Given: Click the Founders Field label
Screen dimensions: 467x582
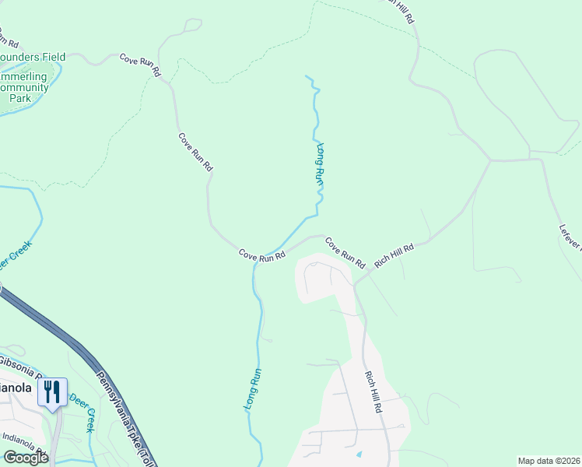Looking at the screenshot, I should pos(33,57).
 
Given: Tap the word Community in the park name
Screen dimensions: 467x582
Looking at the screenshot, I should pos(25,88).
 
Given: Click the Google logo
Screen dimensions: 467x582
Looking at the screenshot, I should pos(26,458).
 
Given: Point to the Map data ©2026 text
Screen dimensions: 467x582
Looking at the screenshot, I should pos(549,461).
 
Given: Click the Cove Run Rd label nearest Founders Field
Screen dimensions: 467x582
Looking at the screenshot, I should pos(140,64).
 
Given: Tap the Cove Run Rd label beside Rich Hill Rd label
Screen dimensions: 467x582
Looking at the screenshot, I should pos(345,253).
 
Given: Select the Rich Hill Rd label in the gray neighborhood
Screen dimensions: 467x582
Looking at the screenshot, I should pos(374,391).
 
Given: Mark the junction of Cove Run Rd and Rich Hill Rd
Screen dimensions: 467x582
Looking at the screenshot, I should pos(355,284).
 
